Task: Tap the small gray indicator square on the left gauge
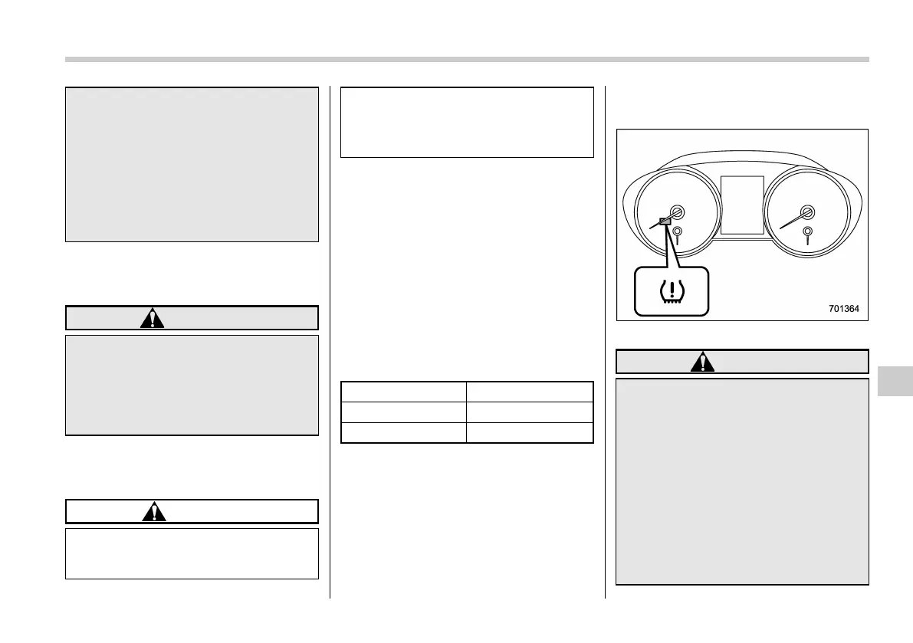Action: click(665, 221)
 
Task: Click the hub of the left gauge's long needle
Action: click(677, 213)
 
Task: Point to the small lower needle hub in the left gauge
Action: click(678, 231)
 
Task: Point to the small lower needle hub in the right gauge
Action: click(807, 231)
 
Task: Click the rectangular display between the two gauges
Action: click(742, 205)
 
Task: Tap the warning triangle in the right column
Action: click(700, 362)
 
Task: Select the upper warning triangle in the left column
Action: click(153, 318)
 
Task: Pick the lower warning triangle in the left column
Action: click(153, 511)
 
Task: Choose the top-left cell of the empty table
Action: click(403, 392)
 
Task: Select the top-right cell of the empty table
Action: click(530, 392)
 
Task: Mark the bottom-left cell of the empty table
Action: click(403, 433)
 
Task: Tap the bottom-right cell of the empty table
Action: click(530, 433)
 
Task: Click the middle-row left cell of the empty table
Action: click(403, 412)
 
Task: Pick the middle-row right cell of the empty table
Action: click(530, 412)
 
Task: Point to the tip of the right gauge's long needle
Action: click(781, 228)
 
